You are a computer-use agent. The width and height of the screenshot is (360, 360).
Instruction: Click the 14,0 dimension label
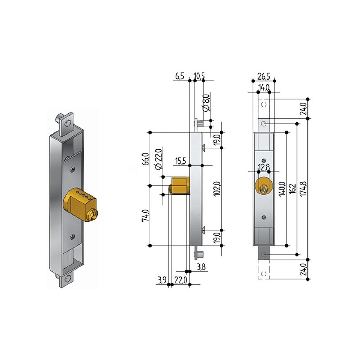(x=264, y=87)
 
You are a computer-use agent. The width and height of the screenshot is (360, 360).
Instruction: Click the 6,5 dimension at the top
(x=180, y=76)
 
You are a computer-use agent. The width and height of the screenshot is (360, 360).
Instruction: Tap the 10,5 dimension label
(x=199, y=76)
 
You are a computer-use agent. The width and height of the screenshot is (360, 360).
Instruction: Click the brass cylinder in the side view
(x=179, y=185)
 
